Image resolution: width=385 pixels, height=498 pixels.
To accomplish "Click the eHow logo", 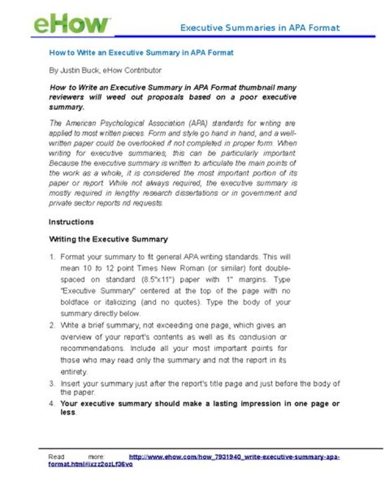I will click(72, 24).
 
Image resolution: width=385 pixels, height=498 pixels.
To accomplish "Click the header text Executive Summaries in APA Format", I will click(259, 28).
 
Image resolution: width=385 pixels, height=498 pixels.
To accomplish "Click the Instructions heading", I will click(71, 222).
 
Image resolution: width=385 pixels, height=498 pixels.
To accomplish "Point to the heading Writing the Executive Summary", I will click(108, 239).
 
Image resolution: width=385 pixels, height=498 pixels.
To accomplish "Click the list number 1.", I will click(52, 257).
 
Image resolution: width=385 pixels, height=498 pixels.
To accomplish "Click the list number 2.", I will click(52, 325).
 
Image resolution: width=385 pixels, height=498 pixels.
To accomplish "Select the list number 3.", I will click(52, 384).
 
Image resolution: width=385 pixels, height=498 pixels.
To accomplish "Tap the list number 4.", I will click(52, 404).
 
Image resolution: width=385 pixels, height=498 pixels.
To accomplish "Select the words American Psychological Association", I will click(125, 123).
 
